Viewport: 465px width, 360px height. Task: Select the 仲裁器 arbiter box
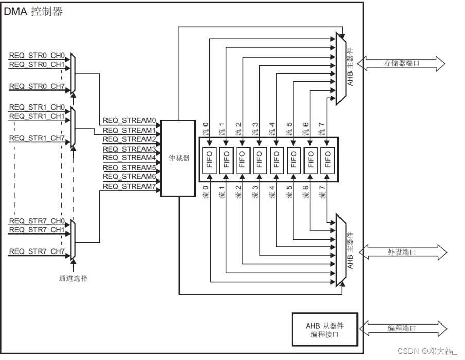[178, 158]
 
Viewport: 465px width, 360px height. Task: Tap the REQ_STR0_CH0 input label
[37, 56]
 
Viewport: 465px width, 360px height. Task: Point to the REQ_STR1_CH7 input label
[37, 138]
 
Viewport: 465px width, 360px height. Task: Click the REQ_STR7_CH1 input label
[37, 230]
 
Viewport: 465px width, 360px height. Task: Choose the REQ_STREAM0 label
[129, 121]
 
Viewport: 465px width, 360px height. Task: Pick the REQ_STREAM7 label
[129, 186]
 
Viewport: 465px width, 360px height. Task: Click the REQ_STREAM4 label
[129, 158]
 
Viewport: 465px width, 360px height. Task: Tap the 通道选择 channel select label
[73, 278]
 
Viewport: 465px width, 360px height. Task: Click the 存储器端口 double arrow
[401, 63]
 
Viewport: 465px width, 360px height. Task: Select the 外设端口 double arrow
[402, 252]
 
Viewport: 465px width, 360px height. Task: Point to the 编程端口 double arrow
[402, 328]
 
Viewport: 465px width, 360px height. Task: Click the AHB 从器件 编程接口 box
[324, 330]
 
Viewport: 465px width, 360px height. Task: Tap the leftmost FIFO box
[209, 159]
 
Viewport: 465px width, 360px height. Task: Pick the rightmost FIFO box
[327, 159]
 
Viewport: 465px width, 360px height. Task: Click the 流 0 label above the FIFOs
[206, 129]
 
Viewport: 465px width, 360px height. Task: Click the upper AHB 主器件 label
[351, 66]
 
